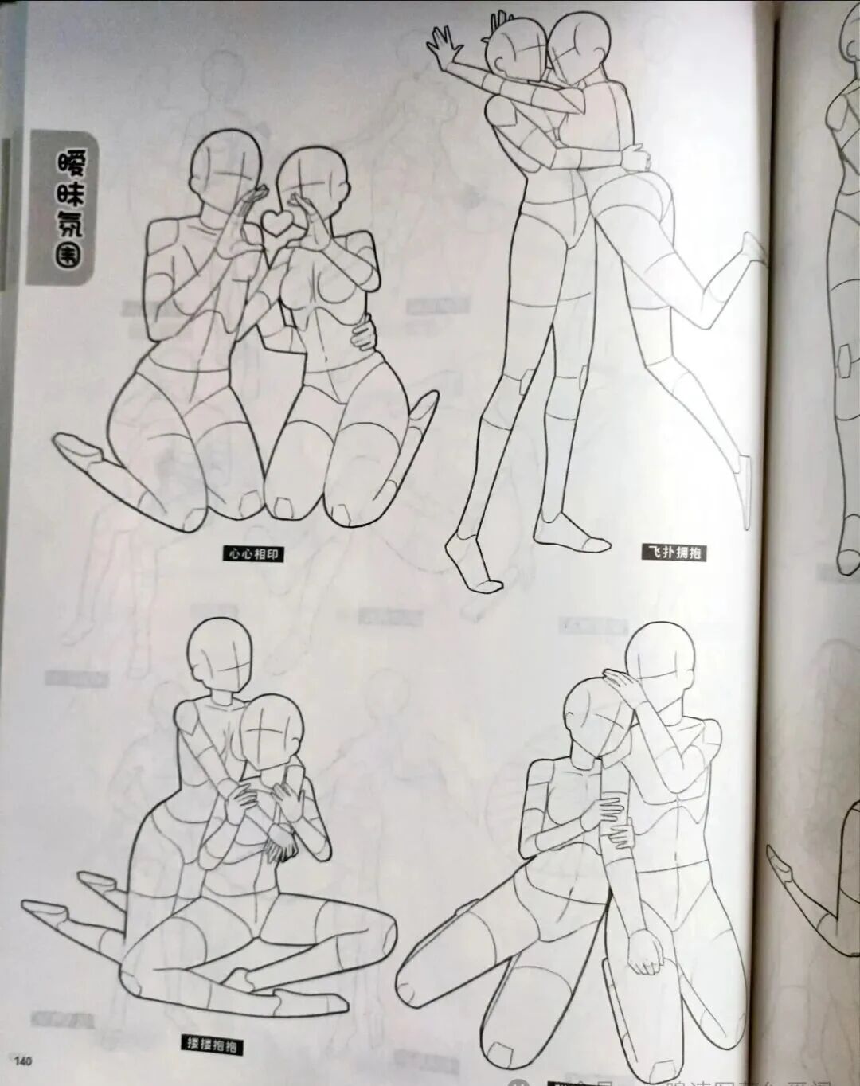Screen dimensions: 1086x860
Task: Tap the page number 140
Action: [22, 1060]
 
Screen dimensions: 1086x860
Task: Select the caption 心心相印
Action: [253, 553]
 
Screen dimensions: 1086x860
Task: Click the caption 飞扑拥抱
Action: [674, 552]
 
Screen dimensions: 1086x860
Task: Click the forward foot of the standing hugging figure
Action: [475, 567]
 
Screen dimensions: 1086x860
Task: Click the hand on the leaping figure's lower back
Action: [634, 154]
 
